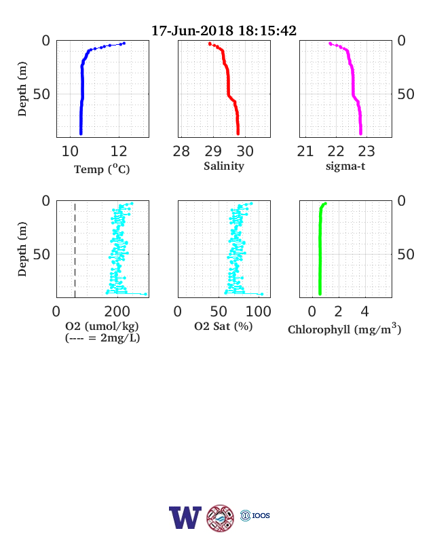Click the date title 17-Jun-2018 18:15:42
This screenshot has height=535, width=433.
tap(224, 31)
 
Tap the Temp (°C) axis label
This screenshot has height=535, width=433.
tap(102, 169)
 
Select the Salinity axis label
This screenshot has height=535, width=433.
tap(224, 166)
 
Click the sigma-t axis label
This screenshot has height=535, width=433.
tap(345, 166)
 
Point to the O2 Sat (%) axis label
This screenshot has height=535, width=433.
tap(223, 327)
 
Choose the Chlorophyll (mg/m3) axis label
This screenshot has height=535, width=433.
tap(344, 329)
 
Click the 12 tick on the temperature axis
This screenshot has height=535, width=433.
tap(119, 151)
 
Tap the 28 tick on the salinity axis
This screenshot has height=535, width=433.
tap(181, 151)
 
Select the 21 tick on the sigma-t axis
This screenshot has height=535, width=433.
tap(305, 151)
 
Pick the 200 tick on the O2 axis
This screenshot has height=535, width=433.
tap(117, 312)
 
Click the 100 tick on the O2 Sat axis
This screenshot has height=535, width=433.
tap(259, 312)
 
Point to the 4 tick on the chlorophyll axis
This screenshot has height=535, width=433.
tap(365, 312)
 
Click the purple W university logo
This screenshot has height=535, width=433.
tap(185, 517)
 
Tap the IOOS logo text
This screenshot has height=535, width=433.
tap(261, 515)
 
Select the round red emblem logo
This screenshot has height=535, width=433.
tap(221, 518)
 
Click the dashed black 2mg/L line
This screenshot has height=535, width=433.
tap(75, 250)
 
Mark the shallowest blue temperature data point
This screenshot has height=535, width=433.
tap(124, 43)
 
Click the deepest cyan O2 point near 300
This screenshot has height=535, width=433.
tap(146, 294)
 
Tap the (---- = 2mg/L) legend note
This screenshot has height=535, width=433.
tap(102, 338)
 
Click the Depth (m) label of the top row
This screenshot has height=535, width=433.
tap(22, 89)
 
